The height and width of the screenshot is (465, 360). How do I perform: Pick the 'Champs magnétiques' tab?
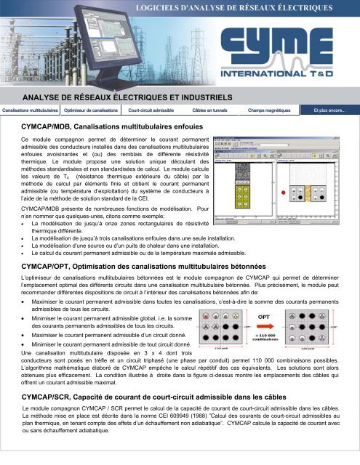point(270,110)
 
